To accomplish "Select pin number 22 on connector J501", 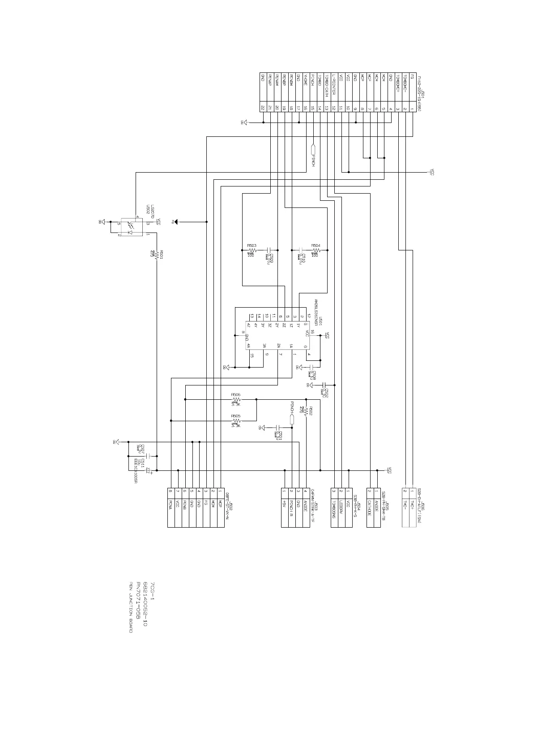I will point(263,108).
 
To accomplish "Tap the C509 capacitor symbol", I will point(269,250).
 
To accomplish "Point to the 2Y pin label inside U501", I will point(277,325).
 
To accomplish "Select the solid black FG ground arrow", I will point(176,222).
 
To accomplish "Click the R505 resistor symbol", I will point(236,421).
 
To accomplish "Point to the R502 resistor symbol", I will point(307,413).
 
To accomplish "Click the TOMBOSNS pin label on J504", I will point(334,510).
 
